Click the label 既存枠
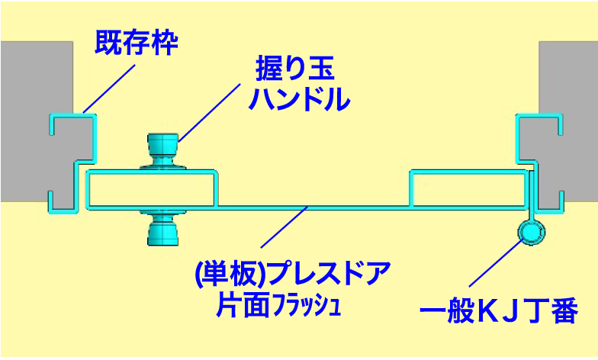click(x=136, y=43)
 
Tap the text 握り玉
click(x=294, y=69)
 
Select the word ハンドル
click(x=300, y=99)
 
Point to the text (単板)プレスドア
click(x=293, y=273)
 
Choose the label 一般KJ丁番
click(x=499, y=310)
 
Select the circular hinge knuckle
click(x=531, y=232)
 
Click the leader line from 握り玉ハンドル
click(x=209, y=113)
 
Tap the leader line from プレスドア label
click(x=284, y=227)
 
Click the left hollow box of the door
click(x=152, y=189)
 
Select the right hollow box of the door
click(x=470, y=189)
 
